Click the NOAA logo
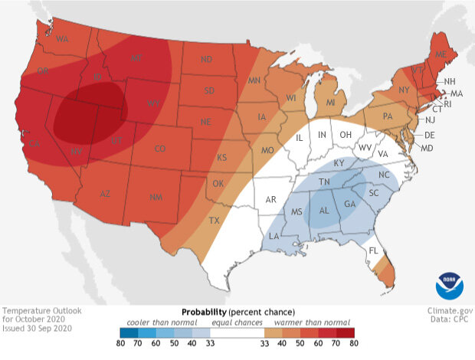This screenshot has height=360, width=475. [450, 284]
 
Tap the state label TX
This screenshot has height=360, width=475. [215, 221]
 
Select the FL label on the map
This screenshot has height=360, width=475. [373, 250]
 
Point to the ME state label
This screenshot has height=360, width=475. [441, 56]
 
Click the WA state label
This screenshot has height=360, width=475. [63, 40]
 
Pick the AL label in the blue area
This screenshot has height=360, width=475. [324, 210]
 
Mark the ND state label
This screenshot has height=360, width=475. [206, 60]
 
